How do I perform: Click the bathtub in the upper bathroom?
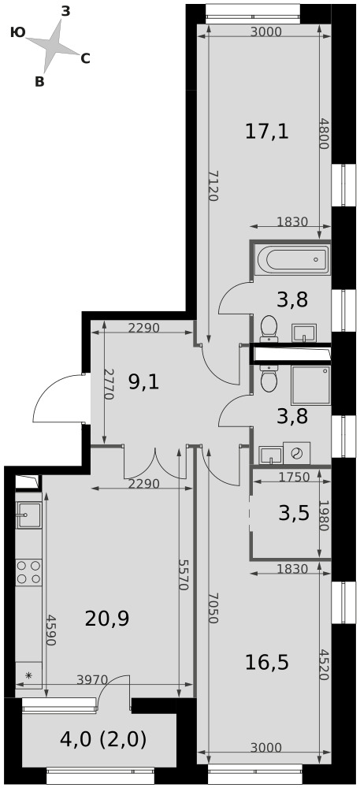(292, 259)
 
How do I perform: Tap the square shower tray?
(311, 385)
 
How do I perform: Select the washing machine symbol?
(297, 453)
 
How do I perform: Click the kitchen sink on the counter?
(28, 515)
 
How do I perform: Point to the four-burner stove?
(28, 572)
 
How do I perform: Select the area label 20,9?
(107, 619)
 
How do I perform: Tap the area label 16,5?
(266, 663)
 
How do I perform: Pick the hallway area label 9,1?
(143, 383)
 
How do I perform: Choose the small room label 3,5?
(294, 514)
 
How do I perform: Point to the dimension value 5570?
(183, 574)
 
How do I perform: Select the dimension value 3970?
(92, 680)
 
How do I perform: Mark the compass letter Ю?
(17, 32)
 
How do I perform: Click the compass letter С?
(85, 59)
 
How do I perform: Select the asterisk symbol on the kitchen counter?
(28, 675)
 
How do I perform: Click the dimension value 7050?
(213, 608)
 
